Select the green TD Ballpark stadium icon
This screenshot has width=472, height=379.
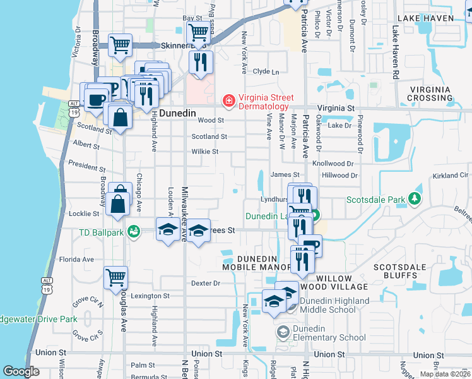[x=133, y=232]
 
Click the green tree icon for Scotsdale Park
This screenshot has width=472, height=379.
[x=415, y=200]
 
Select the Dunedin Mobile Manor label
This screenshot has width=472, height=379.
[x=256, y=263]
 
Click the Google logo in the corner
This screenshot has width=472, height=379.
[x=21, y=371]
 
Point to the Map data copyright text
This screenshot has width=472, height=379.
[x=445, y=374]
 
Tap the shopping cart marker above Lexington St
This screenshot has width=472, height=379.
[x=115, y=277]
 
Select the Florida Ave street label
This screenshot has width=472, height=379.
[x=76, y=259]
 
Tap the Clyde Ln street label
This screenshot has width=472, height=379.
[x=266, y=72]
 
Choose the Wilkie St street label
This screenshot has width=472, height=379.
[x=205, y=152]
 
